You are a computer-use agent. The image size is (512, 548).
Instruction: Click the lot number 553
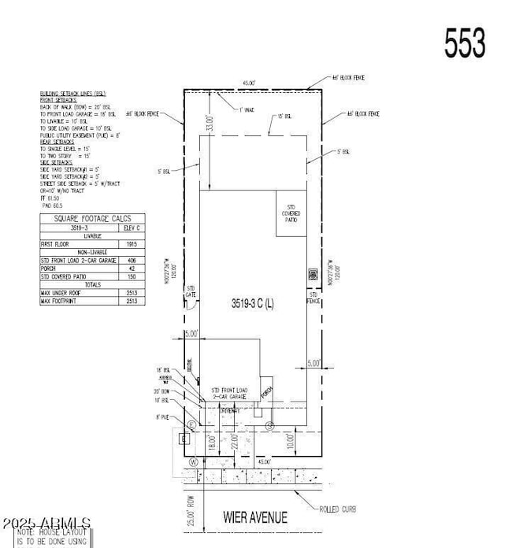point(465,43)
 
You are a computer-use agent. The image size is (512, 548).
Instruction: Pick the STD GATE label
point(189,293)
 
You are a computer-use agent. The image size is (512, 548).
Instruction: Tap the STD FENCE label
point(313,297)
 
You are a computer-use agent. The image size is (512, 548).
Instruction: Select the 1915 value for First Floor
point(130,245)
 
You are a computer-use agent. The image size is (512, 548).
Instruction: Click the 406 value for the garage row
point(130,261)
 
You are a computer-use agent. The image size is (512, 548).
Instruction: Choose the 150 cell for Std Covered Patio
point(130,277)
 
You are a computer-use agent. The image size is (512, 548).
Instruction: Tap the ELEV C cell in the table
point(130,228)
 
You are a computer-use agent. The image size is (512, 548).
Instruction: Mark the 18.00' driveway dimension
point(211,442)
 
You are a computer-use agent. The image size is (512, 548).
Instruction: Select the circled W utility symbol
point(194,461)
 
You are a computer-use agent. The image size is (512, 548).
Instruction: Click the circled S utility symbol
point(269,425)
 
